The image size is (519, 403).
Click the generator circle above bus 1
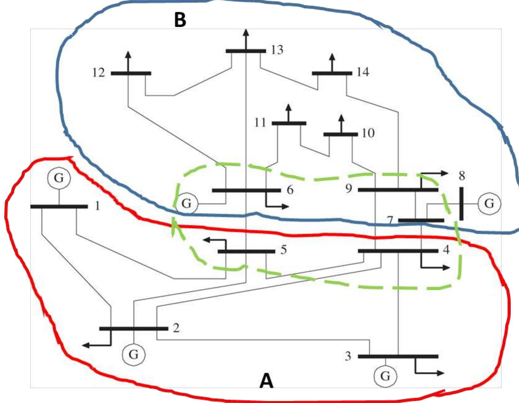pos(59,178)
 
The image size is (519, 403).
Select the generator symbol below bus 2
pos(133,354)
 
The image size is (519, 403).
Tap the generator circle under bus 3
pos(385,376)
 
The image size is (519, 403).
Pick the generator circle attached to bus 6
pos(186,204)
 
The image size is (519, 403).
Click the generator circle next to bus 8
pos(489,204)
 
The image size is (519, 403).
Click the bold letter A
pos(266,381)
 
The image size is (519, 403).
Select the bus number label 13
pos(277,50)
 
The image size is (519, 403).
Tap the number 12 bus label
pos(99,73)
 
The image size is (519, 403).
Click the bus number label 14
pos(363,72)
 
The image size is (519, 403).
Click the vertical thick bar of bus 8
pos(461,204)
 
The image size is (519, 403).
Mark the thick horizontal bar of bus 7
pos(421,220)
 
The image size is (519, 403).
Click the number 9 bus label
pos(348,188)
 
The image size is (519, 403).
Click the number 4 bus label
pos(446,250)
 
